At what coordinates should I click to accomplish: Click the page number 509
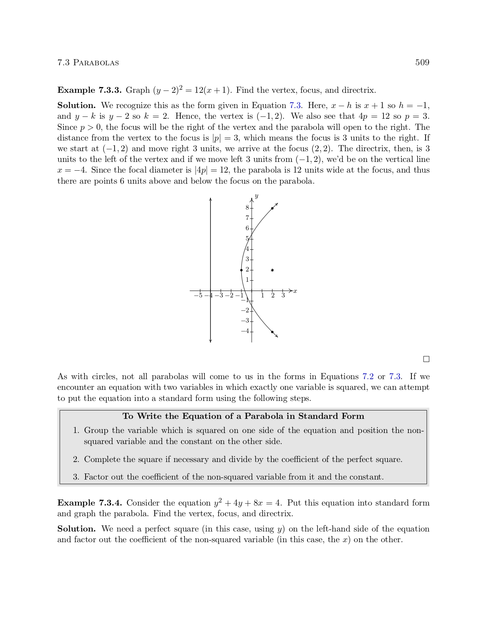click(x=422, y=63)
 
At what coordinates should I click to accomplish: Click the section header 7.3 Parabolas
click(x=88, y=63)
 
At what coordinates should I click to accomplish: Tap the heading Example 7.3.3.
click(x=89, y=90)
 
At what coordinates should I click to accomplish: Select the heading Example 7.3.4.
click(x=89, y=503)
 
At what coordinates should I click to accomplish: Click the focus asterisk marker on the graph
click(x=272, y=270)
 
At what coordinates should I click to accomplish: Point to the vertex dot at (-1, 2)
click(x=241, y=270)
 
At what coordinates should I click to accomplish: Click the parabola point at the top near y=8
click(x=272, y=208)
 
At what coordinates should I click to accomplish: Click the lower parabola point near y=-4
click(x=272, y=332)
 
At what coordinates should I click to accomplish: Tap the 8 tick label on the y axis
click(x=247, y=208)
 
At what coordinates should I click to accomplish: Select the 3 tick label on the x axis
click(x=283, y=296)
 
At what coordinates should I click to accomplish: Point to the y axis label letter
click(x=257, y=196)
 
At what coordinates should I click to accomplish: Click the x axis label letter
click(x=295, y=291)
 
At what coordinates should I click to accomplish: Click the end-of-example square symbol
click(x=426, y=359)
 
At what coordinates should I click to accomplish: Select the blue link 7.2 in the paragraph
click(x=368, y=377)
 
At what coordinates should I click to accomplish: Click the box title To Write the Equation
click(x=243, y=416)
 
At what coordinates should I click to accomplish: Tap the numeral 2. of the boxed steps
click(x=76, y=459)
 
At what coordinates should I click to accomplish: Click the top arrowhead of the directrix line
click(x=210, y=200)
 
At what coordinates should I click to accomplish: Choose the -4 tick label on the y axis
click(x=245, y=331)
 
